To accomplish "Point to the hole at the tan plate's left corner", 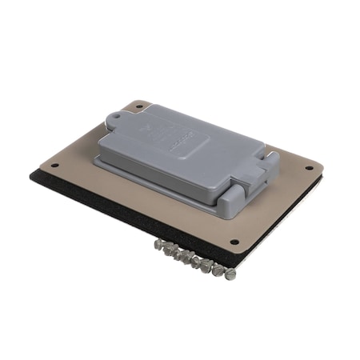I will pos(54,166).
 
